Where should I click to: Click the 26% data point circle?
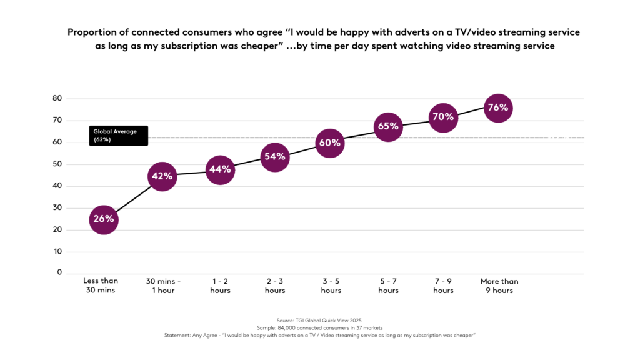coord(104,219)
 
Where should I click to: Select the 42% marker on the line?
coord(162,176)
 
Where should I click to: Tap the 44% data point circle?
coord(220,169)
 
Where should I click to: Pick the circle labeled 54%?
coord(275,156)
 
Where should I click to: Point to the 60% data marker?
coord(330,143)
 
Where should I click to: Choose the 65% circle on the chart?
coord(388,126)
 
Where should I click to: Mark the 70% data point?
coord(442,117)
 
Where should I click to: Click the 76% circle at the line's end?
coord(498,107)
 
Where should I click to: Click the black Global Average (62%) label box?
coord(118,136)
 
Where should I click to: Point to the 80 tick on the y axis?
coord(57,98)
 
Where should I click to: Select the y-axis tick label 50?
coord(57,164)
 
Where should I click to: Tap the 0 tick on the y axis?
coord(60,272)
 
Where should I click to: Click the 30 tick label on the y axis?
coord(57,208)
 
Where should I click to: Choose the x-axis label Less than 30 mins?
coord(101,286)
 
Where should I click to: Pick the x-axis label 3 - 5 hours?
coord(331,286)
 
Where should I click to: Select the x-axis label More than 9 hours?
coord(499,286)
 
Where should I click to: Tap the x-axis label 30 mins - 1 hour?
coord(163,286)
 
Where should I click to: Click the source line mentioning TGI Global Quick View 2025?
coord(319,320)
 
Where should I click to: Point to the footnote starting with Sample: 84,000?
coord(319,327)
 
